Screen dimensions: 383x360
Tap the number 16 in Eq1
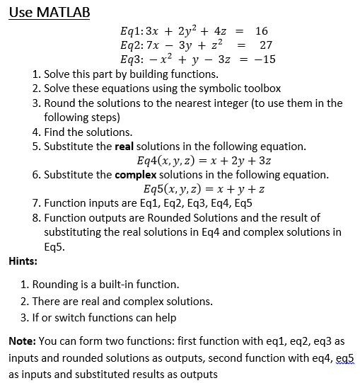point(261,30)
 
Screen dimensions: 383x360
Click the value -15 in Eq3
point(263,59)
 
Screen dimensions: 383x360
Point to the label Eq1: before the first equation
point(134,30)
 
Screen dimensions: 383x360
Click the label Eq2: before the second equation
point(134,45)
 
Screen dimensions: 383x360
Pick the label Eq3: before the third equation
point(134,59)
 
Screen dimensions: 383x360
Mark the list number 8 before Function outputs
point(36,217)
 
